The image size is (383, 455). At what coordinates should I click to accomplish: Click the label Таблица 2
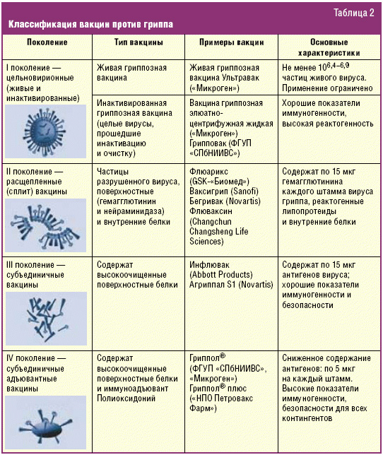point(354,13)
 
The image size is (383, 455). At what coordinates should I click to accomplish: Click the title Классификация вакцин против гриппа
point(90,24)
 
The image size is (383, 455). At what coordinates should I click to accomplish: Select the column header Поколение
point(47,42)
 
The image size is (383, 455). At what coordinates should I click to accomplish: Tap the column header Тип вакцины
point(139,42)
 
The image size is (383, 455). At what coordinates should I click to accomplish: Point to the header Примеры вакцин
point(232,42)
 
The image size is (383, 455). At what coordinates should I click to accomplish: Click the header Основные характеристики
point(329,47)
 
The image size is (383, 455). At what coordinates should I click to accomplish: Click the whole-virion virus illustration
point(45,131)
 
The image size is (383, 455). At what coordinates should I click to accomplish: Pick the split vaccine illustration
point(45,225)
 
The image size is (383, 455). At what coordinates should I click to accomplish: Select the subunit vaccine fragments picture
point(46,319)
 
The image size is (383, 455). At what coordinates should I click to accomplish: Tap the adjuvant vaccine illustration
point(45,422)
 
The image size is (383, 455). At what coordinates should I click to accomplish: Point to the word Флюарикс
point(208,172)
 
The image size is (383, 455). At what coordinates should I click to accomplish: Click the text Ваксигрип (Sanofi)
point(224,191)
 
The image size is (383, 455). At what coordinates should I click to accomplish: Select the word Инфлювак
point(209,265)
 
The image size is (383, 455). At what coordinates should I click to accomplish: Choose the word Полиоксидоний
point(126,398)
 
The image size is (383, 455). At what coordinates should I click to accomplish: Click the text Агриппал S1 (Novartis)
point(231,285)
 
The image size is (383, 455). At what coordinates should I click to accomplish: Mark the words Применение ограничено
point(327,88)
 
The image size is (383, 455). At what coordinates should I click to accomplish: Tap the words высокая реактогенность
point(328,124)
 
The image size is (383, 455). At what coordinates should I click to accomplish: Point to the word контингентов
point(307,418)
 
